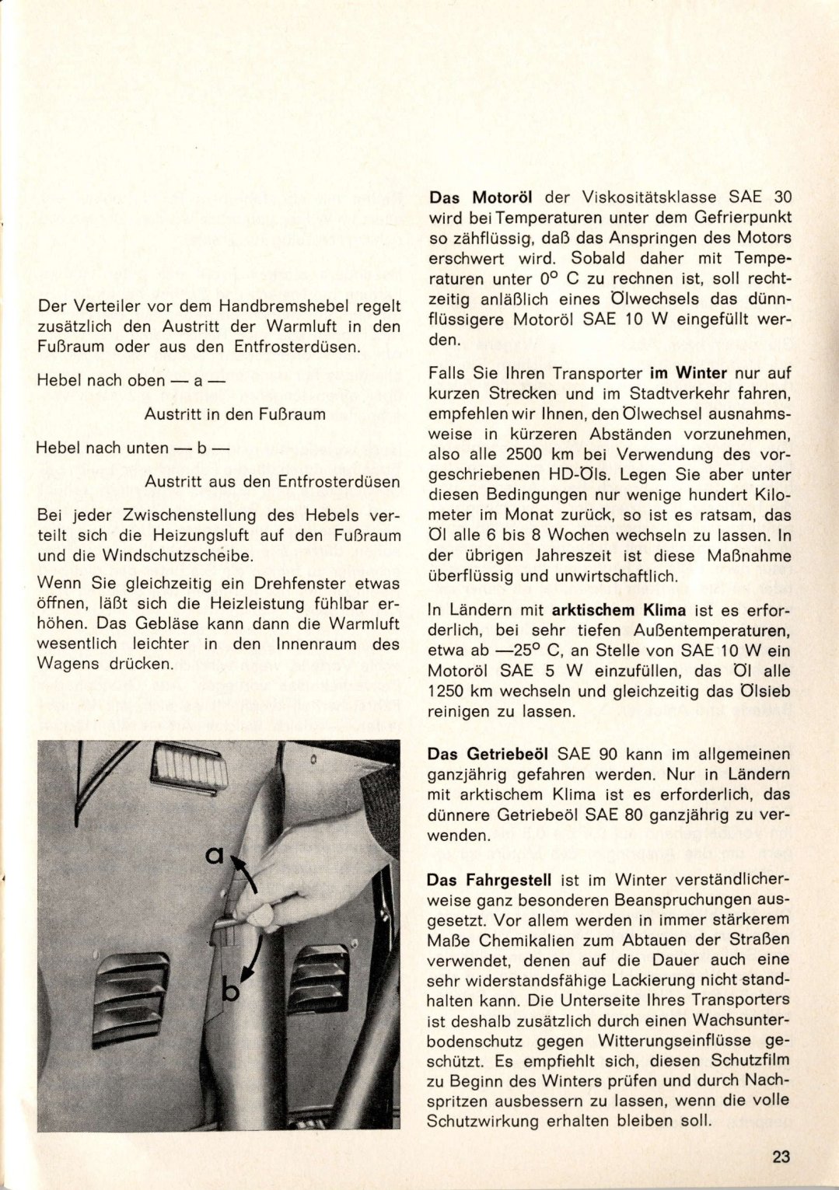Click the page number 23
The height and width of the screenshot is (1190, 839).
(781, 1156)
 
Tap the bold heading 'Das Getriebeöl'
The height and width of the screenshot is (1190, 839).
(488, 754)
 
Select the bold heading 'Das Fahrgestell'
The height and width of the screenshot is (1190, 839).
(489, 880)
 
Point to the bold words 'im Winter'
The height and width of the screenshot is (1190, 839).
(687, 373)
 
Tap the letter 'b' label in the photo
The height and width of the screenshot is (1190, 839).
(231, 991)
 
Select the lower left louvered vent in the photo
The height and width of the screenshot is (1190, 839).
(131, 1000)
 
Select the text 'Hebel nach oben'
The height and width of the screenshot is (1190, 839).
(101, 381)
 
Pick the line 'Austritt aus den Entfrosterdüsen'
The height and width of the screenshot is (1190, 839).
(272, 482)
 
